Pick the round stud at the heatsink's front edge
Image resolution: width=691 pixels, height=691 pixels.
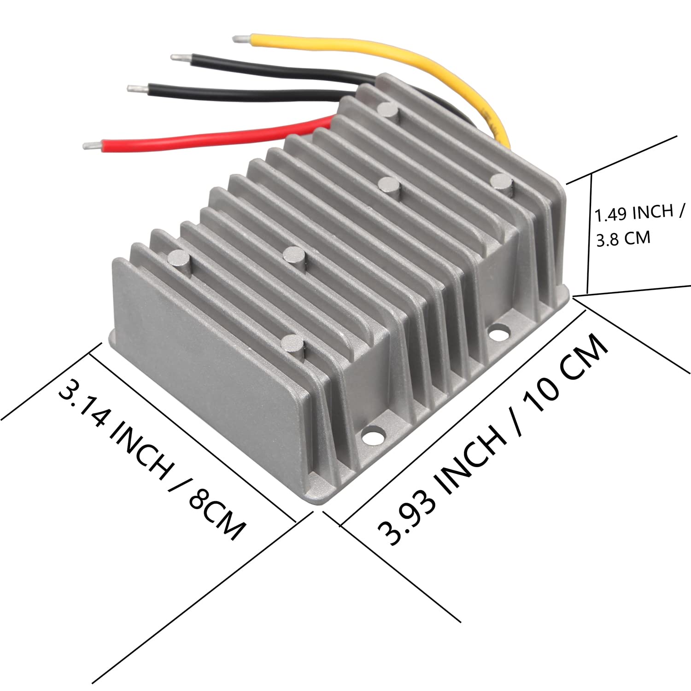pos(292,343)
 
